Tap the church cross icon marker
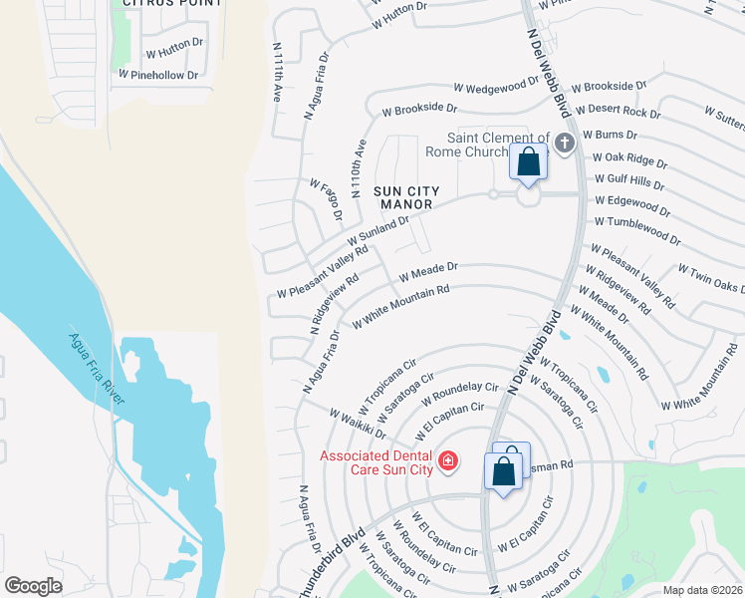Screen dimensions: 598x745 point(565,145)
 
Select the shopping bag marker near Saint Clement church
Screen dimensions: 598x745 point(528,161)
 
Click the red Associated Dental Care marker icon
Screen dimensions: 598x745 point(448,460)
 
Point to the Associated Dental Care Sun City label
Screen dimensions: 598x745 point(376,462)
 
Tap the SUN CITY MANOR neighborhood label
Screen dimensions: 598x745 point(403,197)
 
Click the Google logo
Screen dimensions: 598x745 point(33,586)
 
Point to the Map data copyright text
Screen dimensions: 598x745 point(702,590)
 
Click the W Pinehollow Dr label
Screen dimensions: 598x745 point(160,74)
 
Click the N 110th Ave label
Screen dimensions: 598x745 point(358,165)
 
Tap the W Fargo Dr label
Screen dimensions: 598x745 point(326,200)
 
